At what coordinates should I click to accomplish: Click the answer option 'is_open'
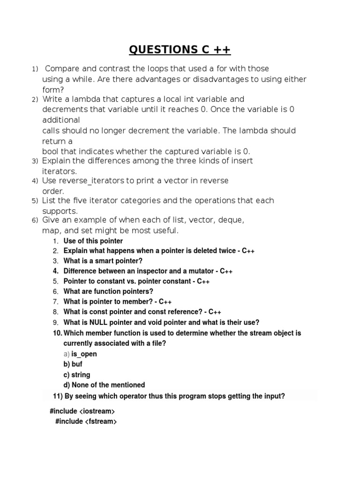84,354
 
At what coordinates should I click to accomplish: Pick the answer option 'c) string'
77,375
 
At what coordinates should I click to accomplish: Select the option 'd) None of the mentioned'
104,385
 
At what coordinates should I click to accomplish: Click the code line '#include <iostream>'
82,411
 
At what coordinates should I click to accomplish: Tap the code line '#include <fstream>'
86,421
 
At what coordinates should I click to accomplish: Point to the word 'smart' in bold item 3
101,261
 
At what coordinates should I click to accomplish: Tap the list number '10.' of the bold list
57,333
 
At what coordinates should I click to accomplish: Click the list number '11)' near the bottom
59,396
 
